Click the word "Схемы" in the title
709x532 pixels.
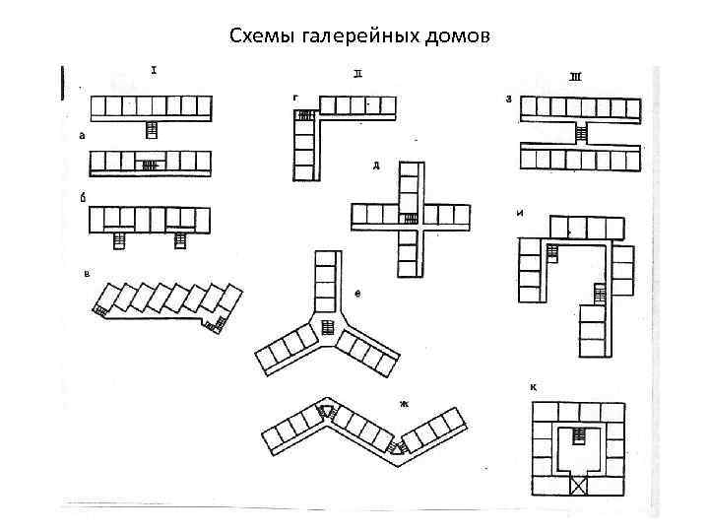(x=258, y=37)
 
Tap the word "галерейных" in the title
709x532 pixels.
(x=348, y=37)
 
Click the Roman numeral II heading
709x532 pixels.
(x=357, y=73)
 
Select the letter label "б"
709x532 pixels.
(x=82, y=197)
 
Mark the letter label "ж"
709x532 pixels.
(x=404, y=403)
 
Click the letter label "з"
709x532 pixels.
(x=508, y=98)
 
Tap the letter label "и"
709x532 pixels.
(x=519, y=212)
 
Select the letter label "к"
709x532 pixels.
(x=533, y=387)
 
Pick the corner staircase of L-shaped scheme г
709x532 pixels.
(x=304, y=116)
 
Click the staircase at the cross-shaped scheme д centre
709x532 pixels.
(x=407, y=218)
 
